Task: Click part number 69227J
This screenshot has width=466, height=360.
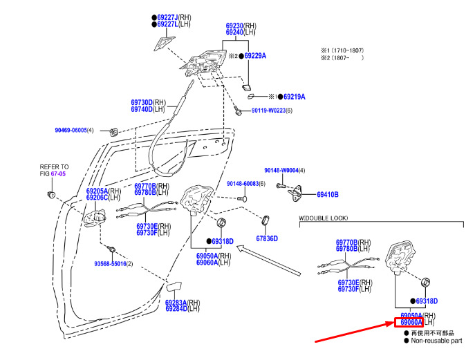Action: tap(167, 17)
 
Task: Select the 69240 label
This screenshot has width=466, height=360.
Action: tap(234, 32)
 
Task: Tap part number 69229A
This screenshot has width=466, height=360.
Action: tap(255, 56)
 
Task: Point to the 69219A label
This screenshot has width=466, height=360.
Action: tap(295, 97)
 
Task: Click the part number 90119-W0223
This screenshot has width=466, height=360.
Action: tap(269, 111)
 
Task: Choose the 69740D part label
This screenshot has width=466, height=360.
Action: tap(142, 109)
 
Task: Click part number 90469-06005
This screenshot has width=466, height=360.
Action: tap(71, 130)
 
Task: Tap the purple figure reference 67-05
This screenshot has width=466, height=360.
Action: tap(58, 173)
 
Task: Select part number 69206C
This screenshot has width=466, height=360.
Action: tap(97, 198)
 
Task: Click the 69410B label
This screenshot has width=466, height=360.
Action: tap(328, 195)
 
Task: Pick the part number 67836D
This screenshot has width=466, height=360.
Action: tap(267, 238)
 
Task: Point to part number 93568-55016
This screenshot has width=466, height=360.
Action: tap(110, 264)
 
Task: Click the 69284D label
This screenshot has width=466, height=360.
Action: tap(176, 309)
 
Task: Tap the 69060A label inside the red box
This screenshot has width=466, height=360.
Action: tap(411, 322)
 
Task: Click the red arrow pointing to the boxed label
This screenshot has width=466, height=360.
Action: tap(355, 332)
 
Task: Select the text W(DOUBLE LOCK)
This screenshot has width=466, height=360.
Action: tap(323, 218)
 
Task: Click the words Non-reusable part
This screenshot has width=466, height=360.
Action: tap(436, 341)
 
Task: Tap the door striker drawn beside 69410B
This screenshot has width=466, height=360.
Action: tap(295, 193)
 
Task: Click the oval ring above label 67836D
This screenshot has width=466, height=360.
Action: tap(265, 220)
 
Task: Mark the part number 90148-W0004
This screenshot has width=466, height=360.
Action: tap(281, 170)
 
